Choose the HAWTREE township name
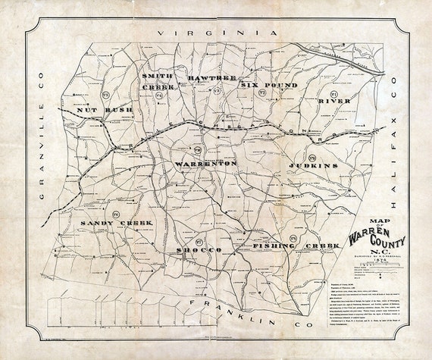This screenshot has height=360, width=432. (x=203, y=77)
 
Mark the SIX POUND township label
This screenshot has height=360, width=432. (x=269, y=86)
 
